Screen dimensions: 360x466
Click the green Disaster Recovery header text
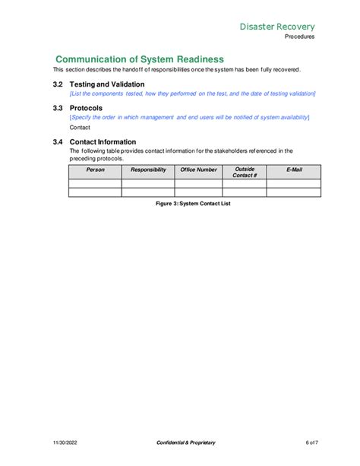[277, 27]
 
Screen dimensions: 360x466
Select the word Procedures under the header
[300, 36]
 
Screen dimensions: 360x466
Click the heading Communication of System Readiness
[140, 59]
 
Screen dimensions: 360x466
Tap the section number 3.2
[58, 84]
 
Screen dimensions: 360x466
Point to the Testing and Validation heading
[107, 84]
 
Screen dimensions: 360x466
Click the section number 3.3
[58, 108]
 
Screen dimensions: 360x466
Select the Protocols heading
[86, 108]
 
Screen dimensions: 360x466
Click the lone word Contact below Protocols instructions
[80, 127]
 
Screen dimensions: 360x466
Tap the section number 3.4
[58, 141]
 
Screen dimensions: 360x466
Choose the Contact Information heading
[103, 141]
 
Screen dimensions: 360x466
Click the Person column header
[95, 170]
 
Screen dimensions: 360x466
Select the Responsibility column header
[148, 170]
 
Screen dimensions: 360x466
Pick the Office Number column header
[198, 170]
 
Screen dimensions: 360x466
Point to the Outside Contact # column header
[245, 172]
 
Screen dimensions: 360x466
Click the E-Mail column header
[294, 170]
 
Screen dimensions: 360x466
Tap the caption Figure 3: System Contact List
[192, 204]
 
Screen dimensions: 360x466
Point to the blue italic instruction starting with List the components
[193, 94]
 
